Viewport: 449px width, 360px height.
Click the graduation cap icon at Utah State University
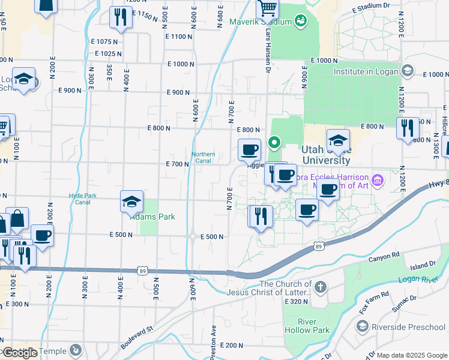[338, 141]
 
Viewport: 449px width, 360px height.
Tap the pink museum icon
[377, 179]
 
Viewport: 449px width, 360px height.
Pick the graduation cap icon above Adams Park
[131, 203]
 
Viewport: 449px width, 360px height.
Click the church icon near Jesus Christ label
[321, 286]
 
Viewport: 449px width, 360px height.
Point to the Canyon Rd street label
[383, 256]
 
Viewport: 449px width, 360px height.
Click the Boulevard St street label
[137, 337]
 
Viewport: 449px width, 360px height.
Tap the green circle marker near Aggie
[274, 143]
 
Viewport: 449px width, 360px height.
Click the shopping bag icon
[17, 219]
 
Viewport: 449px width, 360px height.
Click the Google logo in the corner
[20, 352]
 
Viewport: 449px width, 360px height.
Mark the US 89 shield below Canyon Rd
[319, 246]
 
